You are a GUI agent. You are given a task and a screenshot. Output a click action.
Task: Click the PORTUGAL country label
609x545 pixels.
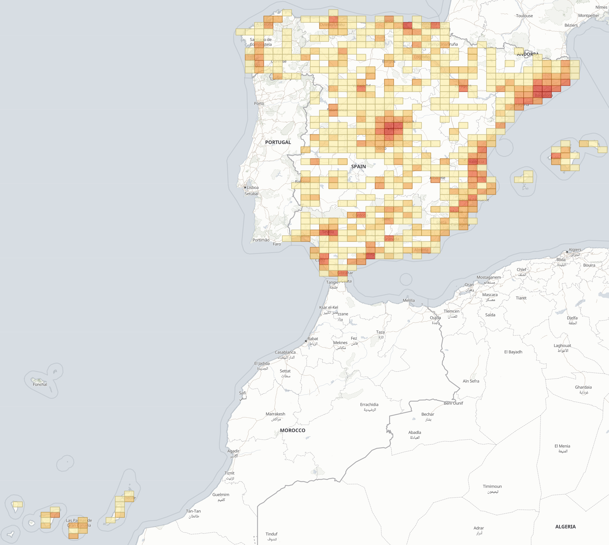[278, 142]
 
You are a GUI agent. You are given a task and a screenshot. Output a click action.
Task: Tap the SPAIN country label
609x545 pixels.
[358, 166]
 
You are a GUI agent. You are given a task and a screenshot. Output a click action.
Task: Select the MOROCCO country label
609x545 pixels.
[292, 430]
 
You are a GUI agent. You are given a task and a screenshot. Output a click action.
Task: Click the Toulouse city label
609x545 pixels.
[524, 16]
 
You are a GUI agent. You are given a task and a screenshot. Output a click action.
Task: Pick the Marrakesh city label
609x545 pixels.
[275, 414]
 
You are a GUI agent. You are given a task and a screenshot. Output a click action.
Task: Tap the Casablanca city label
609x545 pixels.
[285, 352]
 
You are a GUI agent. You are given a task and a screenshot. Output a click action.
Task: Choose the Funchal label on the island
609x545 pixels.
[40, 384]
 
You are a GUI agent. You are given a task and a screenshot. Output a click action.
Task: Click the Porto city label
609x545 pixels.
[259, 103]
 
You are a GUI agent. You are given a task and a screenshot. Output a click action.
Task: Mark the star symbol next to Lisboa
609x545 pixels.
[245, 188]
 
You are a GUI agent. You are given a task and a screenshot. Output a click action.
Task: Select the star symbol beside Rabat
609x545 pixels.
[306, 341]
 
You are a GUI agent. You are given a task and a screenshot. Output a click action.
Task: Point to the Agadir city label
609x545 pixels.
[233, 451]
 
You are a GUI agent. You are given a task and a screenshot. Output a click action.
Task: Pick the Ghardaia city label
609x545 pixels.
[583, 387]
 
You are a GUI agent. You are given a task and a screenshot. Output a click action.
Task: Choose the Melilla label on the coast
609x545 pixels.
[409, 300]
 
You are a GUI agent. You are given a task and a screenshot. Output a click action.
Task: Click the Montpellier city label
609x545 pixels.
[588, 16]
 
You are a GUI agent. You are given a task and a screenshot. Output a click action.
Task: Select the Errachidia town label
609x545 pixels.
[369, 405]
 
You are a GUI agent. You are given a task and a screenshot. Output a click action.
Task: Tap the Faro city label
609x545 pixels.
[277, 244]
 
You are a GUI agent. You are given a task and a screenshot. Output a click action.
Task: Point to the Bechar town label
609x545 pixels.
[427, 415]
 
